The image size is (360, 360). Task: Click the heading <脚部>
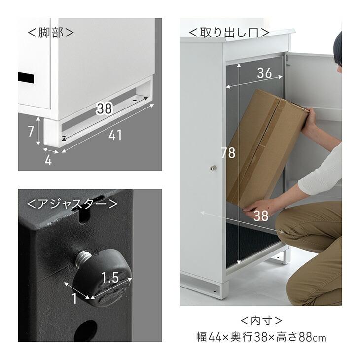(x=51, y=33)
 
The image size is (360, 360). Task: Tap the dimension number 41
(x=115, y=135)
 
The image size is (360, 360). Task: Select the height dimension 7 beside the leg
(x=31, y=131)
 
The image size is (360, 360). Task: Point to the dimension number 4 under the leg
(x=48, y=160)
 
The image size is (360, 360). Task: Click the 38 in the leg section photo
(x=104, y=108)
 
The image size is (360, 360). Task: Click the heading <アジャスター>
(x=72, y=203)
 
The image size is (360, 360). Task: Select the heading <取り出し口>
(x=229, y=33)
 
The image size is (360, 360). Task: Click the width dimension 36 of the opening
(x=264, y=73)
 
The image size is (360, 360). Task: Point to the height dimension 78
(x=228, y=153)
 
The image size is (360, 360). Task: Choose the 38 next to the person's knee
(x=261, y=215)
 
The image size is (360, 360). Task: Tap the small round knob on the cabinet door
(x=213, y=168)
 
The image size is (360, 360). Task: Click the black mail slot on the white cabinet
(x=28, y=77)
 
